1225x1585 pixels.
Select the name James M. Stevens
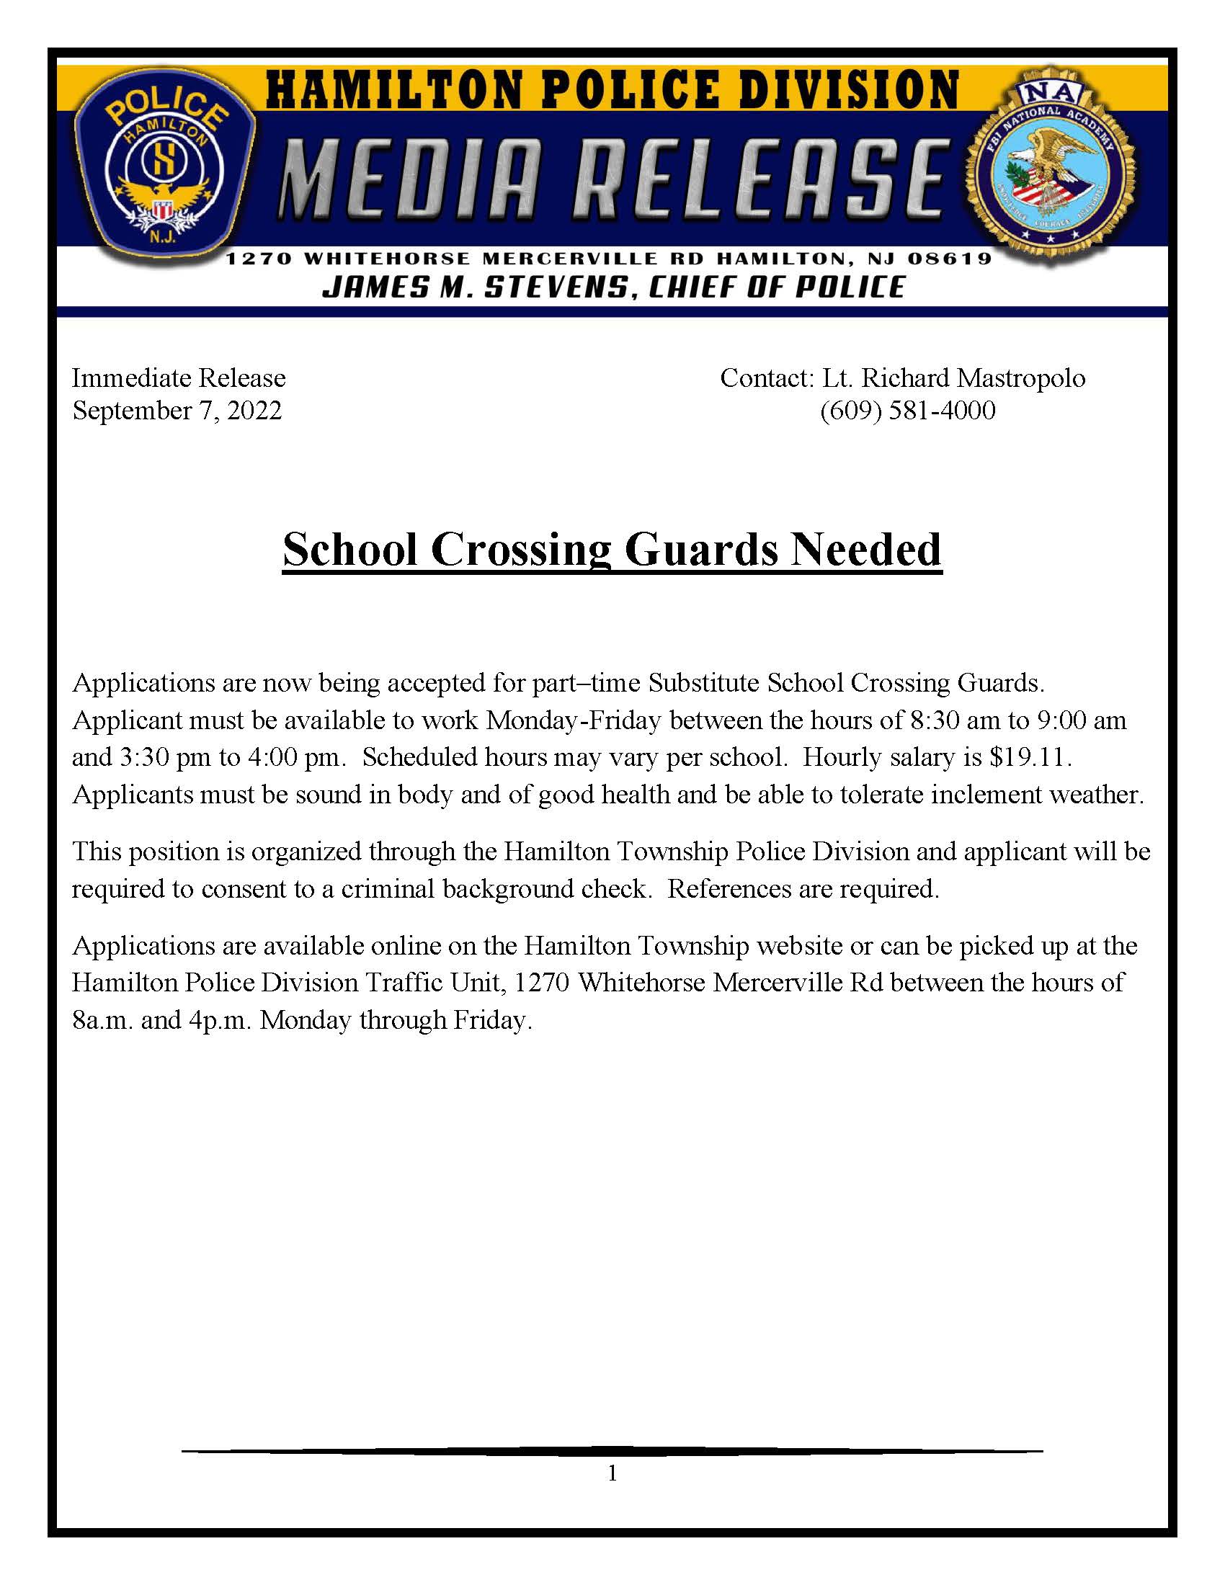click(x=472, y=287)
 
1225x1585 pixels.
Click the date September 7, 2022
click(x=177, y=411)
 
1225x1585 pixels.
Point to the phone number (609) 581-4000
click(x=907, y=411)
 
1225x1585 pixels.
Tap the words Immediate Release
click(x=179, y=378)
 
